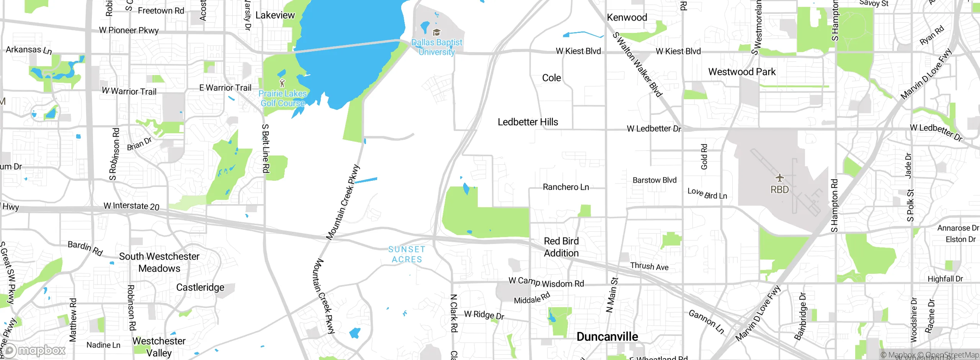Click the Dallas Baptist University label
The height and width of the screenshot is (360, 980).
click(x=437, y=47)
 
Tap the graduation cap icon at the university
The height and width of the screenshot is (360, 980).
click(x=436, y=32)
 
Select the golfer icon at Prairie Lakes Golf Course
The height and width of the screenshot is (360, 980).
click(x=283, y=83)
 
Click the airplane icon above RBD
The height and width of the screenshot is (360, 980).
click(x=780, y=178)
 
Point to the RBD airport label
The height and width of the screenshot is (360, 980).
click(x=780, y=190)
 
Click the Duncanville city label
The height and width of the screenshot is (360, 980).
click(x=607, y=337)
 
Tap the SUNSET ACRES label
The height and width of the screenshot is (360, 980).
click(x=407, y=254)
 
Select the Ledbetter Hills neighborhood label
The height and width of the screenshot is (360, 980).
click(x=528, y=122)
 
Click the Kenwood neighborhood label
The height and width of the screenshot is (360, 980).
click(x=627, y=17)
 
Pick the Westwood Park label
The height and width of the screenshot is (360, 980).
click(x=742, y=72)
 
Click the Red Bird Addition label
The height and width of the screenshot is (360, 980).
click(x=561, y=247)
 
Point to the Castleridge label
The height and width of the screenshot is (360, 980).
click(x=200, y=287)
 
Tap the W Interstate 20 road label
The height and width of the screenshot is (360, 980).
click(x=131, y=206)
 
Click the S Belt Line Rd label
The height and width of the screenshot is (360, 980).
click(x=265, y=149)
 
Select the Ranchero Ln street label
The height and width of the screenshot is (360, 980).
click(x=566, y=187)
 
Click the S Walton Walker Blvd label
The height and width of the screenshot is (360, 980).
click(x=637, y=64)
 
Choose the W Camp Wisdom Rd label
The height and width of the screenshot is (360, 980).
click(x=546, y=282)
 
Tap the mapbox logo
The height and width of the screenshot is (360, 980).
click(x=34, y=350)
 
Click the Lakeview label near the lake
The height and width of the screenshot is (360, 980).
click(x=275, y=15)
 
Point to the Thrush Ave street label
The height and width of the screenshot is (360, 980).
click(x=649, y=266)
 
